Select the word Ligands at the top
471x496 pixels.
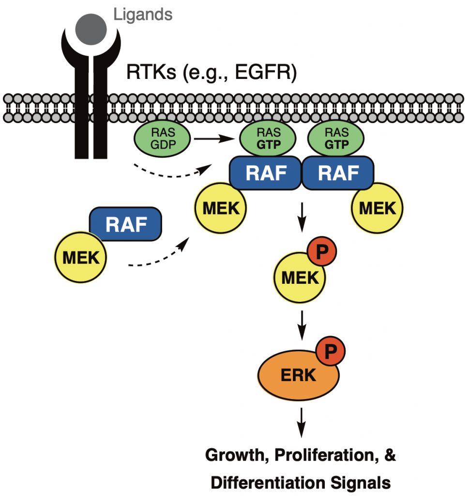pos(143,14)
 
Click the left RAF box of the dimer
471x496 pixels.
pos(266,173)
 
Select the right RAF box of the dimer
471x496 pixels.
pos(338,173)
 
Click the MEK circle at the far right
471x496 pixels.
pos(378,209)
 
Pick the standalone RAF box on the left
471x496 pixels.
pos(125,225)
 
